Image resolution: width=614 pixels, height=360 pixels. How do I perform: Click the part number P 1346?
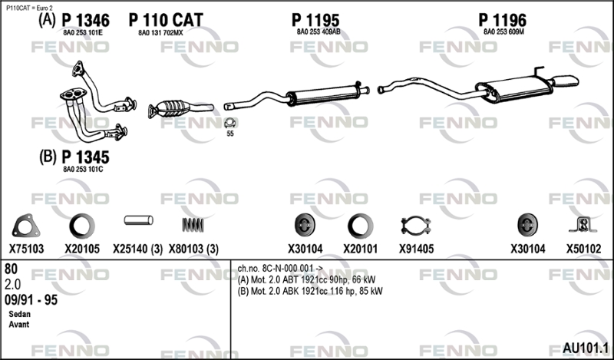[x=86, y=21]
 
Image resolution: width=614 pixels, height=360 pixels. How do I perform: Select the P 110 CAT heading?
[x=166, y=21]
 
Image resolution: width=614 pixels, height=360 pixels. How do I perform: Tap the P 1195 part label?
[x=315, y=21]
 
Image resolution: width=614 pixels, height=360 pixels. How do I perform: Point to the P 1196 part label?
[x=503, y=21]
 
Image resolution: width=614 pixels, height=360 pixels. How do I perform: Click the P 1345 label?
[x=85, y=157]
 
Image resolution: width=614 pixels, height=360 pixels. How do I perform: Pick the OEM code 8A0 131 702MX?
[x=160, y=33]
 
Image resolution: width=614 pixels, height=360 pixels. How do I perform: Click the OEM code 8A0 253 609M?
[x=503, y=32]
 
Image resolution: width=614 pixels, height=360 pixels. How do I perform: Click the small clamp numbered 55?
[x=229, y=123]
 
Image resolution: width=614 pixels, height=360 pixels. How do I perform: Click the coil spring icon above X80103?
[x=193, y=225]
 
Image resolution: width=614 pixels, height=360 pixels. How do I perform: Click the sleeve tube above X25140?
[x=139, y=220]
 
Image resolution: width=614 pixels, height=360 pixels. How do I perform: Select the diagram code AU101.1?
[x=586, y=348]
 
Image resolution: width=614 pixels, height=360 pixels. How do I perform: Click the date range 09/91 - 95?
[x=31, y=299]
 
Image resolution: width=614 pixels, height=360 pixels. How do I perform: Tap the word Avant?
[x=18, y=325]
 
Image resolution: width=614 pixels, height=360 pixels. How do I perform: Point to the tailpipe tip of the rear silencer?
[x=566, y=81]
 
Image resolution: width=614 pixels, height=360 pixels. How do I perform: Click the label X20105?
[x=82, y=249]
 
